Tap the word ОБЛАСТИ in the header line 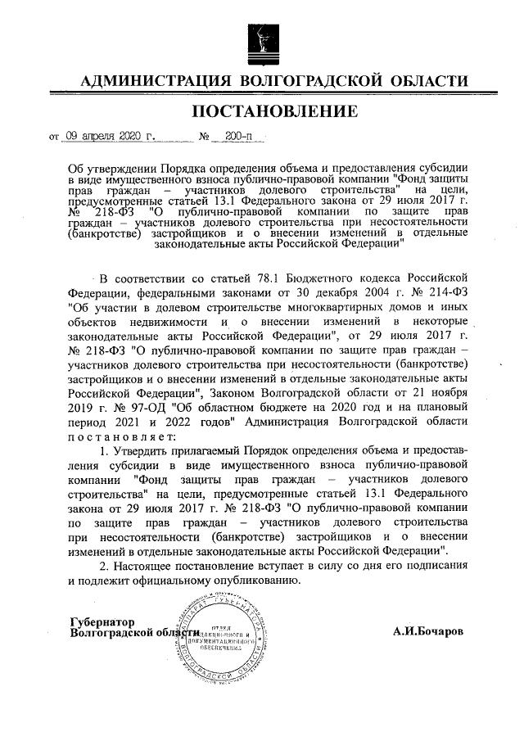(430, 80)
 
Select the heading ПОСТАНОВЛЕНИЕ (262, 111)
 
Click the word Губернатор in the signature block (104, 621)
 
